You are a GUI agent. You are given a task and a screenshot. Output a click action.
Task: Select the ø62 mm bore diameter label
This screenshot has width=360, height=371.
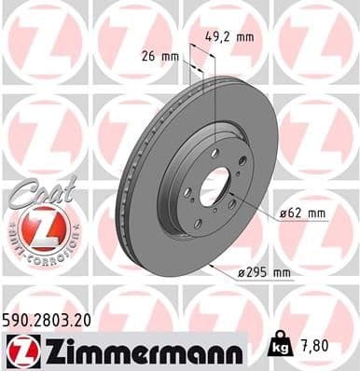point(303,214)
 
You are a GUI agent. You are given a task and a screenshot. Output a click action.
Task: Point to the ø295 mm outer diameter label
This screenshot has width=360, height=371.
point(265,272)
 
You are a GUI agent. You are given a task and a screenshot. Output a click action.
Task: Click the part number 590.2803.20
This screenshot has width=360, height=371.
point(54,321)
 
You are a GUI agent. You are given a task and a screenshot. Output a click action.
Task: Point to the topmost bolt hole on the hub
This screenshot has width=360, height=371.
point(216,151)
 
